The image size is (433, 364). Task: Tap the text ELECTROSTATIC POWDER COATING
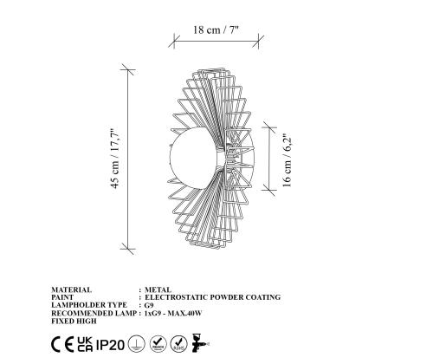(212, 297)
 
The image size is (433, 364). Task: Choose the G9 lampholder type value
(149, 305)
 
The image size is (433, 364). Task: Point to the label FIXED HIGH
(75, 321)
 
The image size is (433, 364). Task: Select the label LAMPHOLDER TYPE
(87, 305)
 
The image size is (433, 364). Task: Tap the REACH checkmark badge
(157, 342)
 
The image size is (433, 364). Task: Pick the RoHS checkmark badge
(178, 342)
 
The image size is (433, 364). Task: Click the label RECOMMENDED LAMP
(92, 313)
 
